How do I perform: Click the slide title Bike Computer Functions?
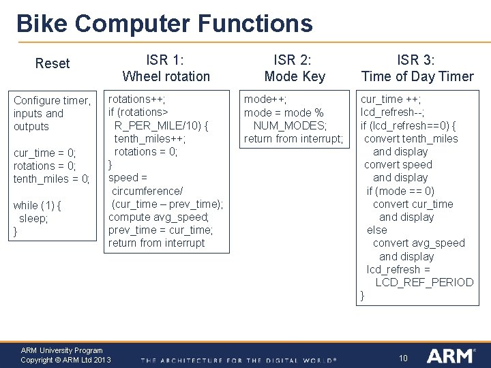point(164,24)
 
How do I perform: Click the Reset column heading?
point(53,63)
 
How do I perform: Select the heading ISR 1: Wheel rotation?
point(166,68)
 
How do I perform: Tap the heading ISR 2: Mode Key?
point(295,68)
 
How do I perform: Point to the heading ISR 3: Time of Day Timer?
point(417,68)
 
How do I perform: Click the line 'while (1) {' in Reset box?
point(38,205)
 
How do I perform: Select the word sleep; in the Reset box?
point(33,218)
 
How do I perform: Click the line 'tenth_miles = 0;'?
point(52,179)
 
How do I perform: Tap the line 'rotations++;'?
point(136,99)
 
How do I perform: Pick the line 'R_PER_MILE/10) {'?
point(162,125)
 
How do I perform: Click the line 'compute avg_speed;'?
point(159,217)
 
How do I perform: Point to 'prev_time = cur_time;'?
point(160,230)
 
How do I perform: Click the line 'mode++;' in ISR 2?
point(265,99)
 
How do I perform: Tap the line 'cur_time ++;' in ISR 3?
point(391,99)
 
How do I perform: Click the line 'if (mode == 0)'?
point(400,191)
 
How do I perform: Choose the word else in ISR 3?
point(376,230)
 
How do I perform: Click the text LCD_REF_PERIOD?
point(424,282)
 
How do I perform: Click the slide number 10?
point(403,358)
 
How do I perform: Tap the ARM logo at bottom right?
point(451,356)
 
